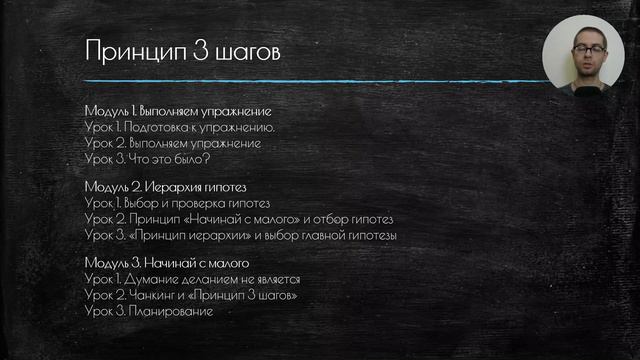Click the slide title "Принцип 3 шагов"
(182, 50)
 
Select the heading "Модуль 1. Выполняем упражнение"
(179, 111)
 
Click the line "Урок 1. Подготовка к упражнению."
(180, 127)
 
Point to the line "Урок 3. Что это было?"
(147, 159)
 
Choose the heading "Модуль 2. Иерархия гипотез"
(165, 186)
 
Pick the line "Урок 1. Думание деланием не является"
(192, 279)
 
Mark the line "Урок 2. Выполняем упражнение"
(173, 143)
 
